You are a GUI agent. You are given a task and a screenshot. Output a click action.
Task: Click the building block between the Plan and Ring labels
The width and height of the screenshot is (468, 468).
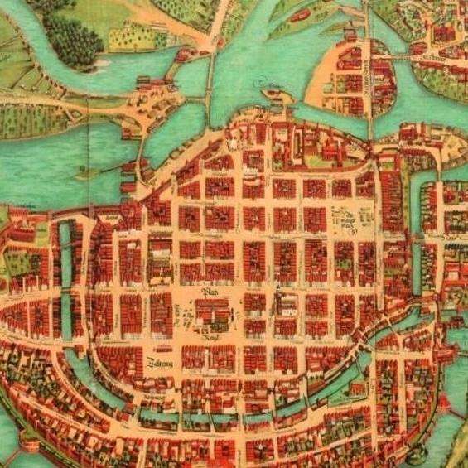pyautogui.click(x=210, y=316)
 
